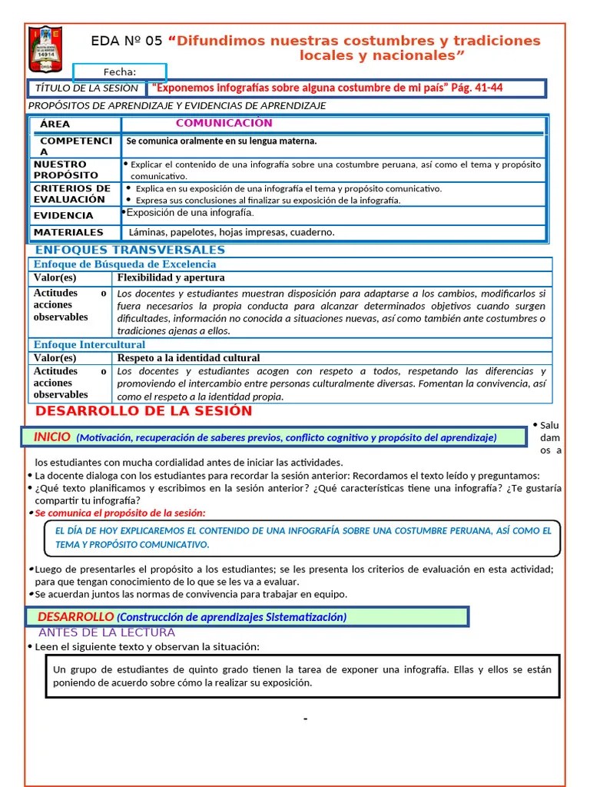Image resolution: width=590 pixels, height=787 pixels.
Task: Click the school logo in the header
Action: pyautogui.click(x=45, y=49)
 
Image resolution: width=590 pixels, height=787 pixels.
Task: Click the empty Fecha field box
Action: pyautogui.click(x=119, y=72)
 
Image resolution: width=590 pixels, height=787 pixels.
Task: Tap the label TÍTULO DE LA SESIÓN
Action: pyautogui.click(x=87, y=88)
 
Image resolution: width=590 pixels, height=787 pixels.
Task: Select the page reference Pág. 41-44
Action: pyautogui.click(x=476, y=88)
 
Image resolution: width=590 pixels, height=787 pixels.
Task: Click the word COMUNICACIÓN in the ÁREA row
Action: pyautogui.click(x=224, y=123)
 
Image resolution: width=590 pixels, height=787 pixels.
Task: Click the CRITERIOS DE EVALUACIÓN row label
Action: pyautogui.click(x=72, y=194)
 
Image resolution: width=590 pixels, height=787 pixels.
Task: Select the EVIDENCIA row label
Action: pyautogui.click(x=63, y=215)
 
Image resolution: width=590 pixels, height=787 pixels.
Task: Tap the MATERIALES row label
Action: pyautogui.click(x=68, y=232)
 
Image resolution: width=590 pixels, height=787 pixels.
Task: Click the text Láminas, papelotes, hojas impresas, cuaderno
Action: pyautogui.click(x=232, y=232)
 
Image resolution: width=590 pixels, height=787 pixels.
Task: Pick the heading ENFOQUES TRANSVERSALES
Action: pyautogui.click(x=130, y=250)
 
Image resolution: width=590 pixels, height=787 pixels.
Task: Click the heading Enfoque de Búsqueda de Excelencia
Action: pyautogui.click(x=124, y=264)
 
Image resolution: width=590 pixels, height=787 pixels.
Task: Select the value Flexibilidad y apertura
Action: pyautogui.click(x=171, y=277)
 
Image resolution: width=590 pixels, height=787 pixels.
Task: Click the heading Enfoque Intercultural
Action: pyautogui.click(x=89, y=344)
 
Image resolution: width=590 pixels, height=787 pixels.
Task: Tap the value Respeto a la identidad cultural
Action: pyautogui.click(x=188, y=357)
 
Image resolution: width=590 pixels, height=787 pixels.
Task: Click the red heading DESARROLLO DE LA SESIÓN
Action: pyautogui.click(x=144, y=410)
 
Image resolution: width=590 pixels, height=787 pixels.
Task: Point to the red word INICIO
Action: pyautogui.click(x=52, y=437)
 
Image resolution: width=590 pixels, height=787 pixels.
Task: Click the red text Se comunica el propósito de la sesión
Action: pyautogui.click(x=121, y=513)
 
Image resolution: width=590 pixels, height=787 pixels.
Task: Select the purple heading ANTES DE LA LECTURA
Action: pyautogui.click(x=107, y=633)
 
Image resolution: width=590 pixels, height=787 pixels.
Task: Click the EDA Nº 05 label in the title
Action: pyautogui.click(x=127, y=41)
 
